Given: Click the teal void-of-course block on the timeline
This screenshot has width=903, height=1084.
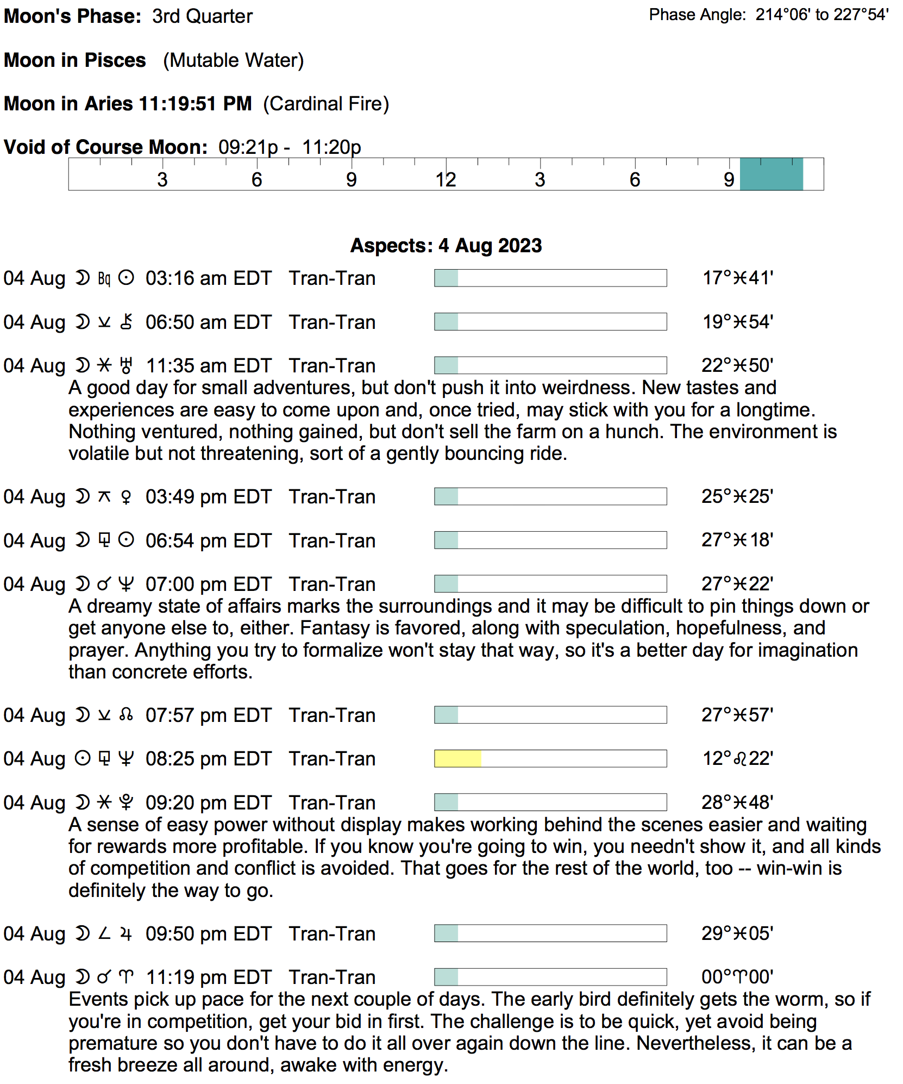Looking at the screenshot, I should tap(771, 174).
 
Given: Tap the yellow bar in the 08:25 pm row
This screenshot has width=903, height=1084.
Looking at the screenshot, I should tap(457, 758).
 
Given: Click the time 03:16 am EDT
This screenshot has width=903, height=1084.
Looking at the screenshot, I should tap(208, 278).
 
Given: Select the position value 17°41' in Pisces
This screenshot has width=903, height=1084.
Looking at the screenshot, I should tap(737, 278).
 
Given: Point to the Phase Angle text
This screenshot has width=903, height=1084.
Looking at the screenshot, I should tap(768, 15).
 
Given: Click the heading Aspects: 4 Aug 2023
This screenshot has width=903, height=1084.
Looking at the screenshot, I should tap(446, 246).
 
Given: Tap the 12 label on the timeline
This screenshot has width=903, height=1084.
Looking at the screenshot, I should tap(446, 180).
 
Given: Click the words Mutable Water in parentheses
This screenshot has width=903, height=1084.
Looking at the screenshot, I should tap(233, 60).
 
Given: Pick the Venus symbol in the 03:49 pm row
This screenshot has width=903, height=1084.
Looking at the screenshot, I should tap(126, 497).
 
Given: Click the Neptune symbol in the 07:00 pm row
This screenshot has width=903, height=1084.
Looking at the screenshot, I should tap(126, 584).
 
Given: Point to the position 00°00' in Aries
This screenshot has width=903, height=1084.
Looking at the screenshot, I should tap(737, 977).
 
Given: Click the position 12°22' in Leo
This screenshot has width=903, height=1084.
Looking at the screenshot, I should tap(737, 758).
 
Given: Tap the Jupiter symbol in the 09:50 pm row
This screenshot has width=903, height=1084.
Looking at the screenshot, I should tap(126, 934).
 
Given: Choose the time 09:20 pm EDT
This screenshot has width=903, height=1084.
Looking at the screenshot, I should tap(208, 803).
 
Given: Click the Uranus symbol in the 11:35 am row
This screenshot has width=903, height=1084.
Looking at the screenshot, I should tap(126, 366).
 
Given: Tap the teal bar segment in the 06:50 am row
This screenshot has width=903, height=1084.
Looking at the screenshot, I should tap(446, 322).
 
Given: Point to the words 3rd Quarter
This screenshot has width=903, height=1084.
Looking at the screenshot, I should tap(202, 16).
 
